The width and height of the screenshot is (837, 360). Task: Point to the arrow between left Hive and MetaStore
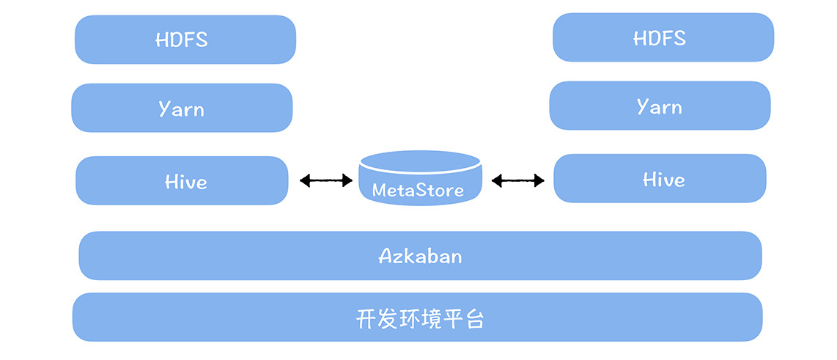tap(326, 180)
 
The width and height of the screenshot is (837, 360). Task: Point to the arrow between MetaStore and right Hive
tap(517, 180)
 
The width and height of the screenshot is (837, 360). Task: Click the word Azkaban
tap(420, 256)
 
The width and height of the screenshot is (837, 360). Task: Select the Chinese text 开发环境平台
tap(420, 319)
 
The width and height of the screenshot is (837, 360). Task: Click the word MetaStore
tap(418, 191)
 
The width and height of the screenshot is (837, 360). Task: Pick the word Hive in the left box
tap(185, 181)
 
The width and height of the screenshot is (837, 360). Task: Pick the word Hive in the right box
tap(663, 179)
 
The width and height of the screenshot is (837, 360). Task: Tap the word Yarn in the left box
tap(181, 109)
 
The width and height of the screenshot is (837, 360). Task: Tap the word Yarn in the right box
tap(659, 106)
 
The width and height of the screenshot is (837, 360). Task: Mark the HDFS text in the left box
tap(182, 40)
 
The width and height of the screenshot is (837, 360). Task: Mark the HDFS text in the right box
tap(660, 37)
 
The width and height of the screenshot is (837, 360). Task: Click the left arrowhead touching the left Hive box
tap(304, 180)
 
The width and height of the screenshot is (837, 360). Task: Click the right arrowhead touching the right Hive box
tap(540, 180)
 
